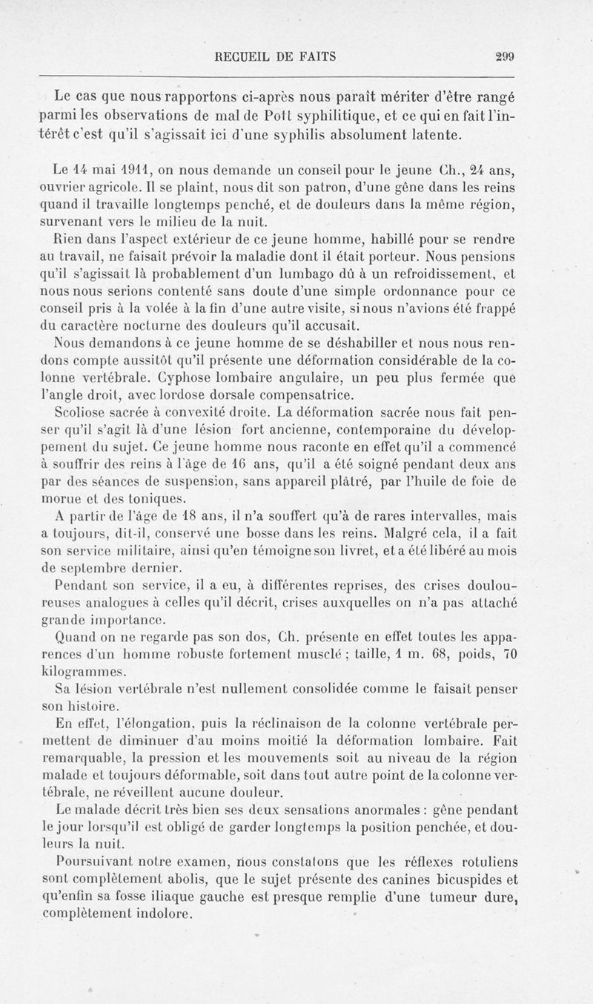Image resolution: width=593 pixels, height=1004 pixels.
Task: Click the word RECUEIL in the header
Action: (239, 55)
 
